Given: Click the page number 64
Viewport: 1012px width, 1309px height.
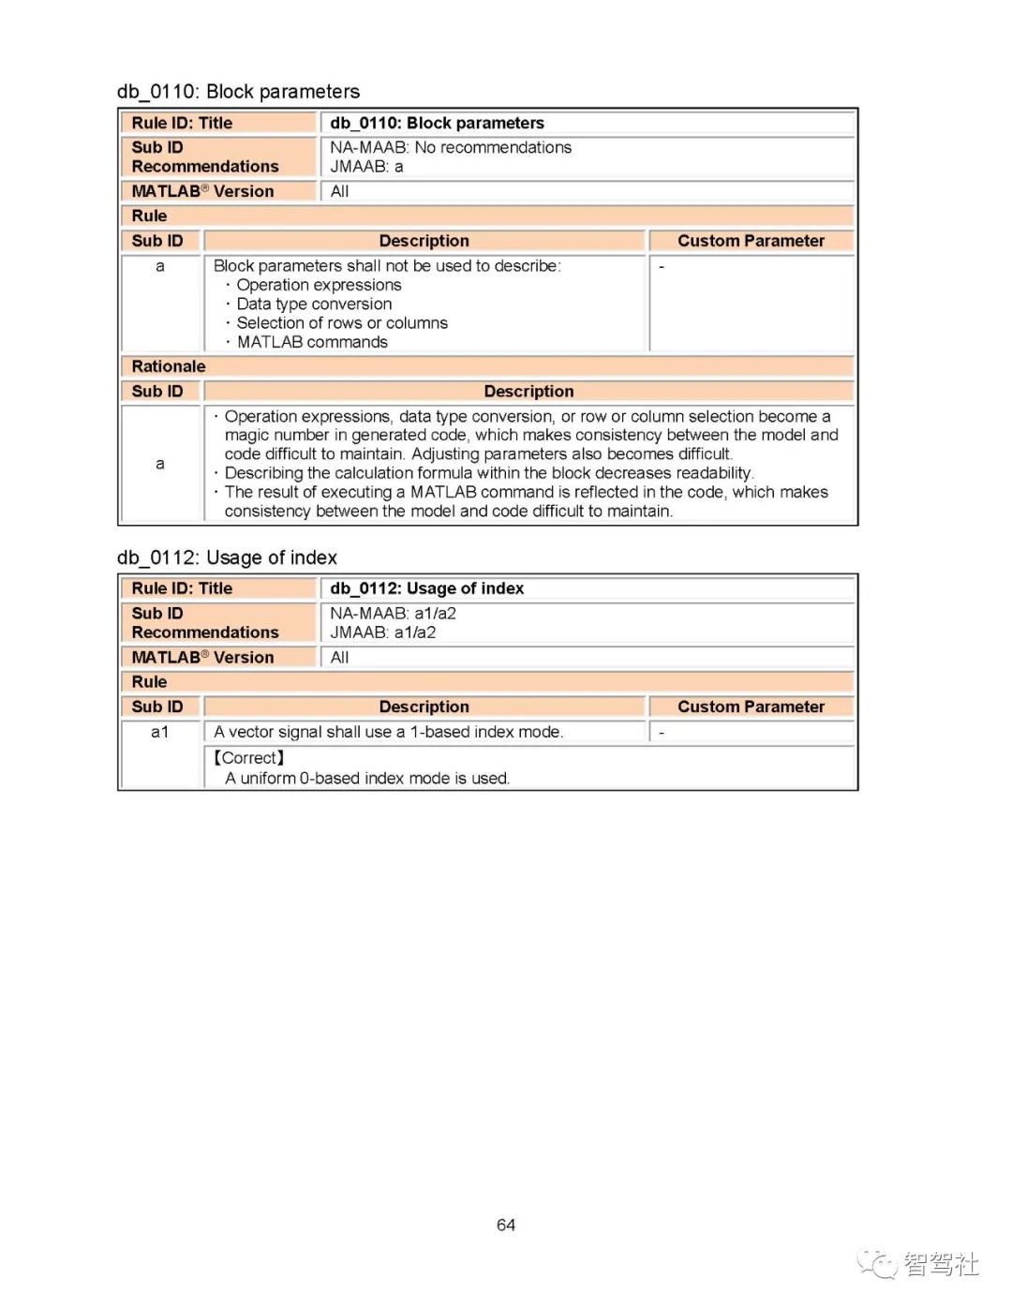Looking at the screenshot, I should (506, 1225).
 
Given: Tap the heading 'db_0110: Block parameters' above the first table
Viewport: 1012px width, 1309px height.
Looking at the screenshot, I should (238, 91).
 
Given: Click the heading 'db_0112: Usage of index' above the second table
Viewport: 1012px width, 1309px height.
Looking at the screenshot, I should (227, 558).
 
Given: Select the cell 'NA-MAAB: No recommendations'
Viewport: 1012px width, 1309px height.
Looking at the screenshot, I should (450, 147).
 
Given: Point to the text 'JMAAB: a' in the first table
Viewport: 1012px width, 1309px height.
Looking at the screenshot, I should (366, 167).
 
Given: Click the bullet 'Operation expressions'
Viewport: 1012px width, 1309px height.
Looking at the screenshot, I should (319, 285).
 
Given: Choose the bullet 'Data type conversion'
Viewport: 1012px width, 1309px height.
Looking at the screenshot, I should (314, 304).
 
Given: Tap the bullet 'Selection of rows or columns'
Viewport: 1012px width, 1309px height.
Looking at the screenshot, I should (342, 323).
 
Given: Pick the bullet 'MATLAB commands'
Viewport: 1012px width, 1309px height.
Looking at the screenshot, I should (312, 342).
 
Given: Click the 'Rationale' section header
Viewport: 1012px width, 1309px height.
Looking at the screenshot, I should (169, 366).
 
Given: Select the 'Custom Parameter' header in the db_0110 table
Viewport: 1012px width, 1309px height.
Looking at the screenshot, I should (751, 241).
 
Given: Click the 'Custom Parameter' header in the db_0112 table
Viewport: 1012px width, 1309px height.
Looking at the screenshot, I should (751, 707).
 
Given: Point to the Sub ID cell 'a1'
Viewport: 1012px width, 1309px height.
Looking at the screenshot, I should (160, 732).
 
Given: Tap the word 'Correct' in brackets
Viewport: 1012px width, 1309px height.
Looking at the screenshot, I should (249, 758).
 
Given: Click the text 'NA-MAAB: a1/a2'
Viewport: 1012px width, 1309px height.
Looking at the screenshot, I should (393, 614).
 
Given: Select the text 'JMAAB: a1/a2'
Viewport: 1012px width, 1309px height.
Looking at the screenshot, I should (382, 632).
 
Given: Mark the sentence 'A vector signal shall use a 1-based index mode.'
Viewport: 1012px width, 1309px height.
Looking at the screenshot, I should (388, 732).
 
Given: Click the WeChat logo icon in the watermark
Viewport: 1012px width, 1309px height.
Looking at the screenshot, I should (877, 1264).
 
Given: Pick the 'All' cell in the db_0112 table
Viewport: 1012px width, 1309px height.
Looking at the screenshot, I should (339, 658).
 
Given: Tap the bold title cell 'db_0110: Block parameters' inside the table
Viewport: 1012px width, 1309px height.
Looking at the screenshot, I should (437, 123).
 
